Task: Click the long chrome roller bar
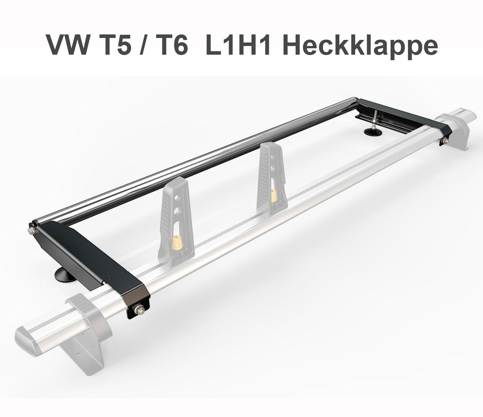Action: coord(193,161)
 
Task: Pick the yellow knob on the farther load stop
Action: coord(274,195)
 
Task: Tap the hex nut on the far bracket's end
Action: coord(444,140)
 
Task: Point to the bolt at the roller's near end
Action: coord(32,230)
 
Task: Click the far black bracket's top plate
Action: coord(402,111)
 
